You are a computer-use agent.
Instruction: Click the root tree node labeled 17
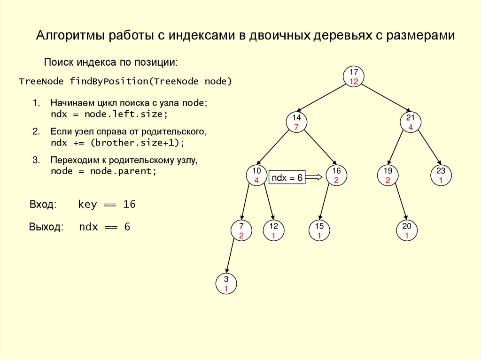[354, 77]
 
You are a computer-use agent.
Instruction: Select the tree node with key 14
[296, 122]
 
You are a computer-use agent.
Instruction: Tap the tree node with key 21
[411, 122]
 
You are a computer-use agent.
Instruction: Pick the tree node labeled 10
[256, 175]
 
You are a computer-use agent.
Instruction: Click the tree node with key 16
[336, 175]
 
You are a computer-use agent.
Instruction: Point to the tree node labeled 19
[388, 175]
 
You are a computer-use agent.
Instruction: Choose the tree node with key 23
[441, 175]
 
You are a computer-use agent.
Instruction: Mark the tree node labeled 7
[241, 230]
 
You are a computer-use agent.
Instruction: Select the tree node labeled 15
[319, 230]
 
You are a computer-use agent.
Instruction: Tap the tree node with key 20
[407, 230]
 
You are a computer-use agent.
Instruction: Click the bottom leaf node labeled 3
[226, 284]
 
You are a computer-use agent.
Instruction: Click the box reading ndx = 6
[287, 177]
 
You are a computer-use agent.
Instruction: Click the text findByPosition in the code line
[109, 82]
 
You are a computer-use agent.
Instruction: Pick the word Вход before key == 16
[43, 205]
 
